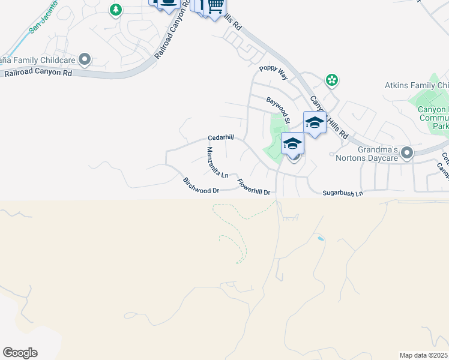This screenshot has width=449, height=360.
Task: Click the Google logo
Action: (20, 353)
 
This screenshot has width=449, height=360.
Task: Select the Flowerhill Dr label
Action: (254, 187)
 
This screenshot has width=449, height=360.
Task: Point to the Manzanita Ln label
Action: (217, 163)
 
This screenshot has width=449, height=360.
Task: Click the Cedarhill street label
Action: (220, 137)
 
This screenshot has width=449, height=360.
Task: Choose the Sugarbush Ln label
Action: (343, 193)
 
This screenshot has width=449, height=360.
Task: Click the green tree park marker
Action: (116, 10)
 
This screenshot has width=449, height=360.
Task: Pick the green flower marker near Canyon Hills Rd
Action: (331, 79)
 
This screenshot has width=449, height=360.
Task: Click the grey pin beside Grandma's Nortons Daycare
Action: (408, 152)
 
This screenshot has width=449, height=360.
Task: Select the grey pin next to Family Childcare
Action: (85, 59)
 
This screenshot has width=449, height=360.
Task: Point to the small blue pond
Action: (321, 239)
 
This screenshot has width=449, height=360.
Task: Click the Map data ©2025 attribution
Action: (423, 355)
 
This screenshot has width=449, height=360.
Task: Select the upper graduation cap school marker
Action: (315, 122)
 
